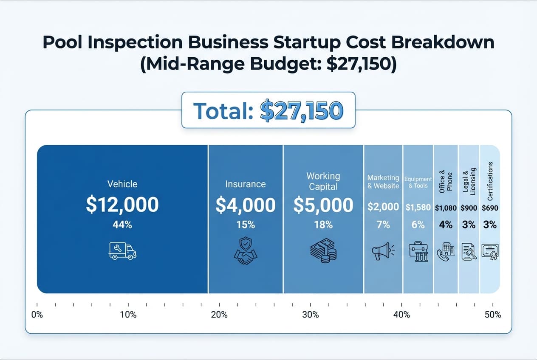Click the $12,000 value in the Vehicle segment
click(122, 205)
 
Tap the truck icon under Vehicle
click(122, 251)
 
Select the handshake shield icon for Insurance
click(245, 251)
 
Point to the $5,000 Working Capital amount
click(323, 205)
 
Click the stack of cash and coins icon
click(323, 251)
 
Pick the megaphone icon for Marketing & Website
click(383, 251)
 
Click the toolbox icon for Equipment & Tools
click(418, 251)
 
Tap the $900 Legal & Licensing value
click(469, 208)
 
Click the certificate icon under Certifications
click(490, 251)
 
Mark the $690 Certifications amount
click(490, 208)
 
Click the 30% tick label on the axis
click(311, 315)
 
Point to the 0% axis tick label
click(37, 315)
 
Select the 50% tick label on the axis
click(493, 315)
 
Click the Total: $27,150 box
click(268, 110)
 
